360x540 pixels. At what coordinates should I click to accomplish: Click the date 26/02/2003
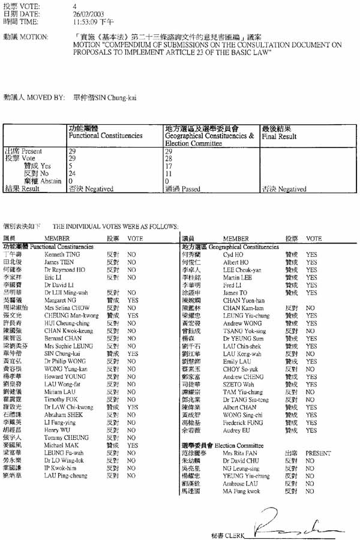coord(84,13)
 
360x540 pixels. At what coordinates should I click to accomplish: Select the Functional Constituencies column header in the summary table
coord(105,136)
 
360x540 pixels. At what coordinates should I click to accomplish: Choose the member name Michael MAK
coord(58,446)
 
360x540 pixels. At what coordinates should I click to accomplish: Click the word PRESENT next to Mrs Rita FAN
coord(318,454)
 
